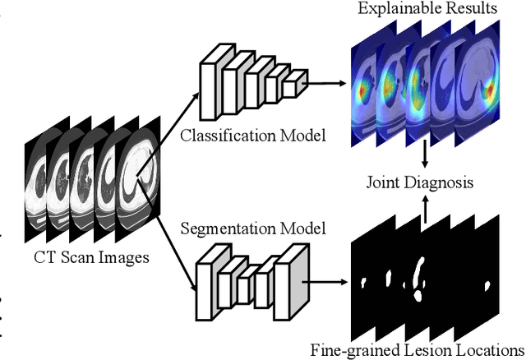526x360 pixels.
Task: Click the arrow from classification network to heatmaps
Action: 325,82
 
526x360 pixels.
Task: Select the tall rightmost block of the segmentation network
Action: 293,279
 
